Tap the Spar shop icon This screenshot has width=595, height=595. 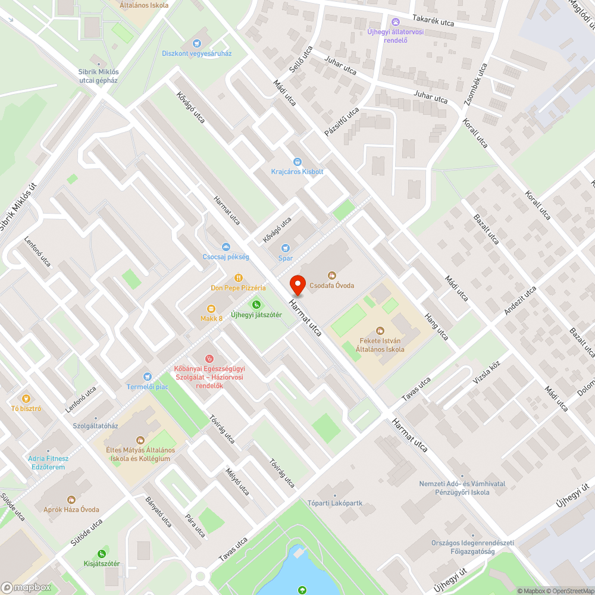coord(286,248)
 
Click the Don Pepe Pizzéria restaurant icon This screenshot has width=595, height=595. coord(238,277)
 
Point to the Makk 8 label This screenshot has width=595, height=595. coord(211,318)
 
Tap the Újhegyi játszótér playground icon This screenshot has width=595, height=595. coord(256,305)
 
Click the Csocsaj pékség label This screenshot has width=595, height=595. coord(226,257)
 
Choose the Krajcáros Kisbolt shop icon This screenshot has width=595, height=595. coord(297,162)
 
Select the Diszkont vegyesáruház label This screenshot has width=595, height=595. coord(197,54)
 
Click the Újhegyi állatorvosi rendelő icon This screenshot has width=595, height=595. coord(396,22)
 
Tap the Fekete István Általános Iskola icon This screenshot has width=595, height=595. coord(381,331)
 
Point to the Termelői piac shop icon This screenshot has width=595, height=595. coord(148,376)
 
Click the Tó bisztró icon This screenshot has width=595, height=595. coord(26,399)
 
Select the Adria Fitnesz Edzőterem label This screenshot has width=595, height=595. coord(48,462)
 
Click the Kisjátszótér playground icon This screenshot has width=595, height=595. coord(102,553)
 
